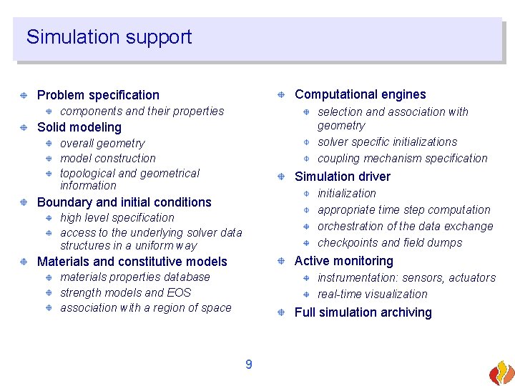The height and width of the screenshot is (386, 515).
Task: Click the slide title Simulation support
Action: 109,37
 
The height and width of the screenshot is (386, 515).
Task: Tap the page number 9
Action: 248,365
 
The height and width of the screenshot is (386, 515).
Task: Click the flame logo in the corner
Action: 501,372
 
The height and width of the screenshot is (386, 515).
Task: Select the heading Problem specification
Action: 98,95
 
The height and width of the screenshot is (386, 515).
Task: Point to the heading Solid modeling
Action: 79,127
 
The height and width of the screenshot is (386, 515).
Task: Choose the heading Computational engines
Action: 360,94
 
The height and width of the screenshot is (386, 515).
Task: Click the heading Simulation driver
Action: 343,177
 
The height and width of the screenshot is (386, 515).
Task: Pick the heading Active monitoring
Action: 343,261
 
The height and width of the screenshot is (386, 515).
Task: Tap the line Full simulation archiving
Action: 363,312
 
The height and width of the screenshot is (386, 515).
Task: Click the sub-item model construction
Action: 107,159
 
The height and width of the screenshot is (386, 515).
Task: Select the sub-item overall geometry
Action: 102,144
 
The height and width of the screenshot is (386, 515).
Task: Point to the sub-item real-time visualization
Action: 372,294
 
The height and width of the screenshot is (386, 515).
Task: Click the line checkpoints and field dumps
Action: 390,242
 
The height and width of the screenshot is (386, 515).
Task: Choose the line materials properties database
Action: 135,277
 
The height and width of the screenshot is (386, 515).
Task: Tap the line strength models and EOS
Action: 125,292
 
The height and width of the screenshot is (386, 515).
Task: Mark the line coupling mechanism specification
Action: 402,159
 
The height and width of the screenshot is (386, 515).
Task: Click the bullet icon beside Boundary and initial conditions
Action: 24,202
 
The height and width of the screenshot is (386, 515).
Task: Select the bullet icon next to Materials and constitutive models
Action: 24,262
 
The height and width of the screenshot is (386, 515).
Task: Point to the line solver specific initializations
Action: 387,142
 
